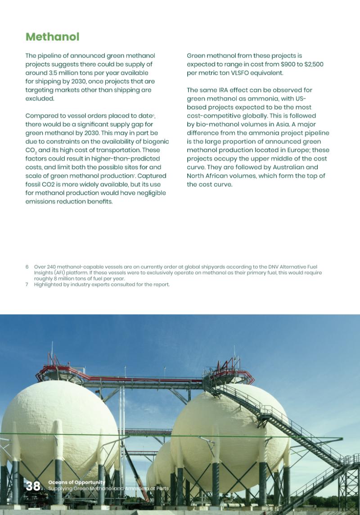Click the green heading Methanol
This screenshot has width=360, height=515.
pyautogui.click(x=52, y=37)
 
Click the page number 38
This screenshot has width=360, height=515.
pyautogui.click(x=33, y=486)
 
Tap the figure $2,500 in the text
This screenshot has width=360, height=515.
pyautogui.click(x=314, y=64)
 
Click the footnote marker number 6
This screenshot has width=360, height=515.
pyautogui.click(x=27, y=267)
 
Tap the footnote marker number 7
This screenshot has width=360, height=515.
pyautogui.click(x=27, y=285)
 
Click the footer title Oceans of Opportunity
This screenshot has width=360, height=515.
pyautogui.click(x=76, y=482)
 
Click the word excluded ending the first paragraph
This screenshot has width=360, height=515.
pyautogui.click(x=40, y=99)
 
